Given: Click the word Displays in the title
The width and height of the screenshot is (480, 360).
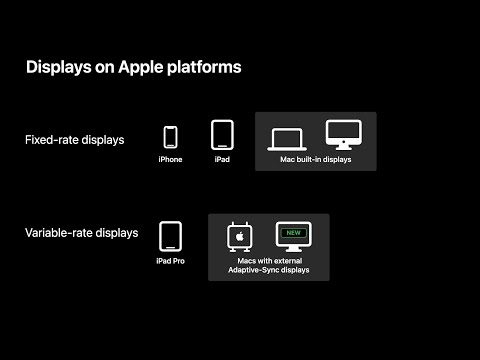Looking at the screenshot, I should [57, 68].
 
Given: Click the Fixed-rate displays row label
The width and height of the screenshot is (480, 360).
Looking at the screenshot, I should [75, 139].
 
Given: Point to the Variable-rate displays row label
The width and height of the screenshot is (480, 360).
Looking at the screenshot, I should [82, 233].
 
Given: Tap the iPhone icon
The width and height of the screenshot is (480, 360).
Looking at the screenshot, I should [170, 137].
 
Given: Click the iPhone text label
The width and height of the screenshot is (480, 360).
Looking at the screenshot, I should [170, 160].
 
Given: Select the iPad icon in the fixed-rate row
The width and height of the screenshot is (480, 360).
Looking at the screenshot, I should [222, 135].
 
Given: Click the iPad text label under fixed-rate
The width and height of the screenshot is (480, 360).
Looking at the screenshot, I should [222, 160].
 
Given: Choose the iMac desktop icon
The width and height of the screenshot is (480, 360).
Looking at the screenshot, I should [343, 135].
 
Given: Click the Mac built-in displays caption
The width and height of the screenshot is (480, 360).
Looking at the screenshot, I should [316, 160].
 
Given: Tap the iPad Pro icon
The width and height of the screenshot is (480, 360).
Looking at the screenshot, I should [170, 236].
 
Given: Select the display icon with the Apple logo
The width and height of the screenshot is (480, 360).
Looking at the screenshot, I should [240, 237].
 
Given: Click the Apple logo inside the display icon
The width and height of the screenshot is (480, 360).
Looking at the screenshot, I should [240, 236].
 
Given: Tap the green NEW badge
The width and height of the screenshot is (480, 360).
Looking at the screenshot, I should [294, 232].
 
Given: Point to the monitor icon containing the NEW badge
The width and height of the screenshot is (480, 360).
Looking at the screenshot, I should [294, 237].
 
